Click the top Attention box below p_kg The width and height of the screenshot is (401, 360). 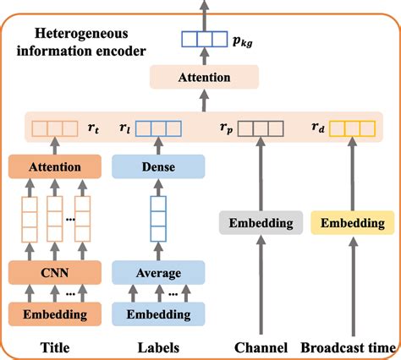coord(202,78)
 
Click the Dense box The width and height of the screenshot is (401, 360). coord(159,166)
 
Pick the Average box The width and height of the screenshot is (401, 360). coord(159,273)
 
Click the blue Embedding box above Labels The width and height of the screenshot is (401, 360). coord(159,314)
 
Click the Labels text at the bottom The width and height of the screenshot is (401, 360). coord(159,346)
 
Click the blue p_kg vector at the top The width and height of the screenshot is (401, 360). coord(202,38)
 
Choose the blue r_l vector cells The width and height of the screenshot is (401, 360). coord(159,129)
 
